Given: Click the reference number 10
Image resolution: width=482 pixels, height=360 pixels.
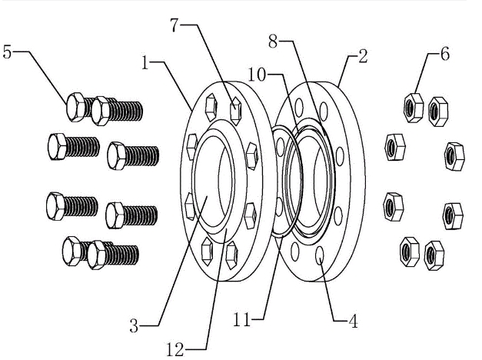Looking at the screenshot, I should tap(257, 73).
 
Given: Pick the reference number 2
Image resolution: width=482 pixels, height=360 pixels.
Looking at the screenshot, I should tap(364, 57).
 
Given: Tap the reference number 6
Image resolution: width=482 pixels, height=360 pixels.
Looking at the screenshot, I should tap(444, 56).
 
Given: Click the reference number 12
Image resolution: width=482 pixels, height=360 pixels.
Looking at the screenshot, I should tap(175, 350).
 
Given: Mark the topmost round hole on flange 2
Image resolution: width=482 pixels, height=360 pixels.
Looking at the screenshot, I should tap(325, 109).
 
